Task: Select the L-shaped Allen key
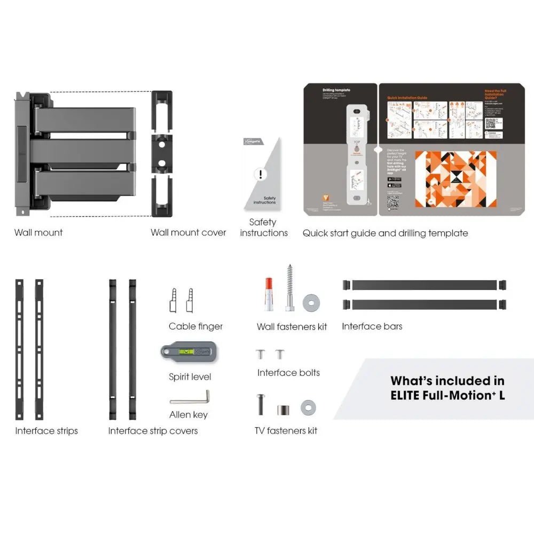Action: click(191, 399)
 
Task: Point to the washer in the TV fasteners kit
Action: click(308, 407)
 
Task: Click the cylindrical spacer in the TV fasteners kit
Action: click(282, 410)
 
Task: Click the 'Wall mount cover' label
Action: click(188, 232)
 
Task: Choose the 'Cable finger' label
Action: click(195, 326)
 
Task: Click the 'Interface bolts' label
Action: click(288, 373)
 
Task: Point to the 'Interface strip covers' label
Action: click(153, 430)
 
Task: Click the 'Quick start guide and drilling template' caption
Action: click(385, 233)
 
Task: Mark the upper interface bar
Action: click(425, 285)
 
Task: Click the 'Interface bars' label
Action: click(372, 326)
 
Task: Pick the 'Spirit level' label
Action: click(190, 376)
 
